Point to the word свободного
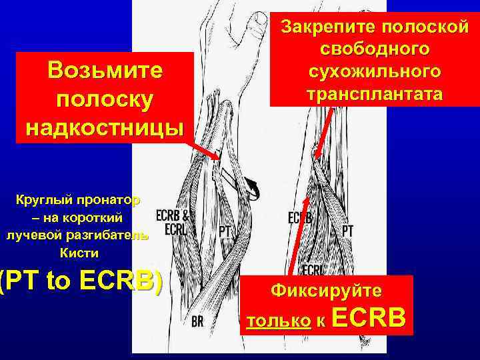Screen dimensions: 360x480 [x=375, y=49]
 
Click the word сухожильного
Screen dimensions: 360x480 [x=375, y=71]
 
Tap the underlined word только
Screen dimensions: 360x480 [x=278, y=321]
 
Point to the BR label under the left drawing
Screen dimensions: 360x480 [x=197, y=322]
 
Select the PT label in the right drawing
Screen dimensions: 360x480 [x=347, y=230]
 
